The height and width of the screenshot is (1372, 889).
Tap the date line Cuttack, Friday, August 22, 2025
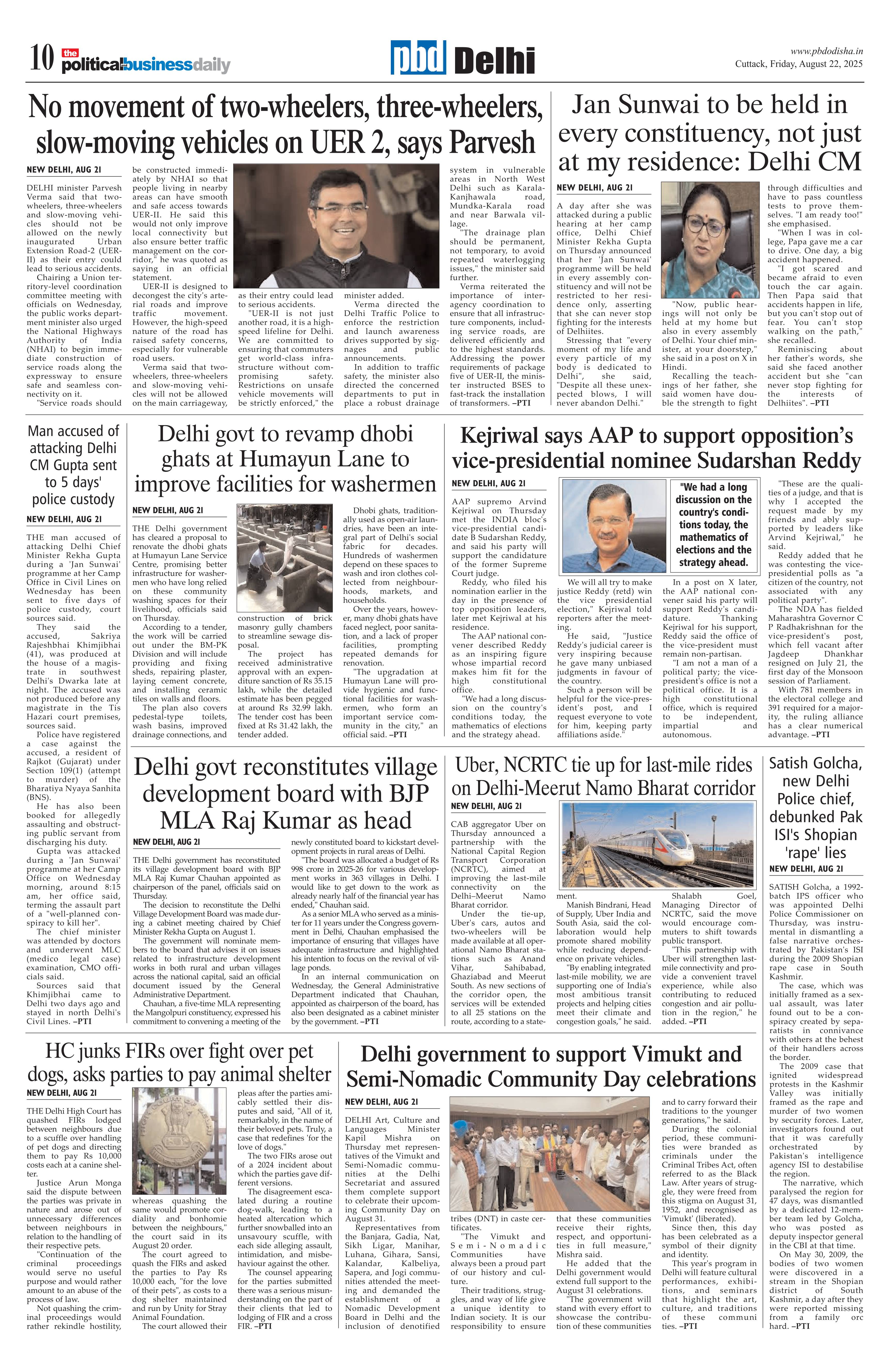(x=798, y=64)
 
